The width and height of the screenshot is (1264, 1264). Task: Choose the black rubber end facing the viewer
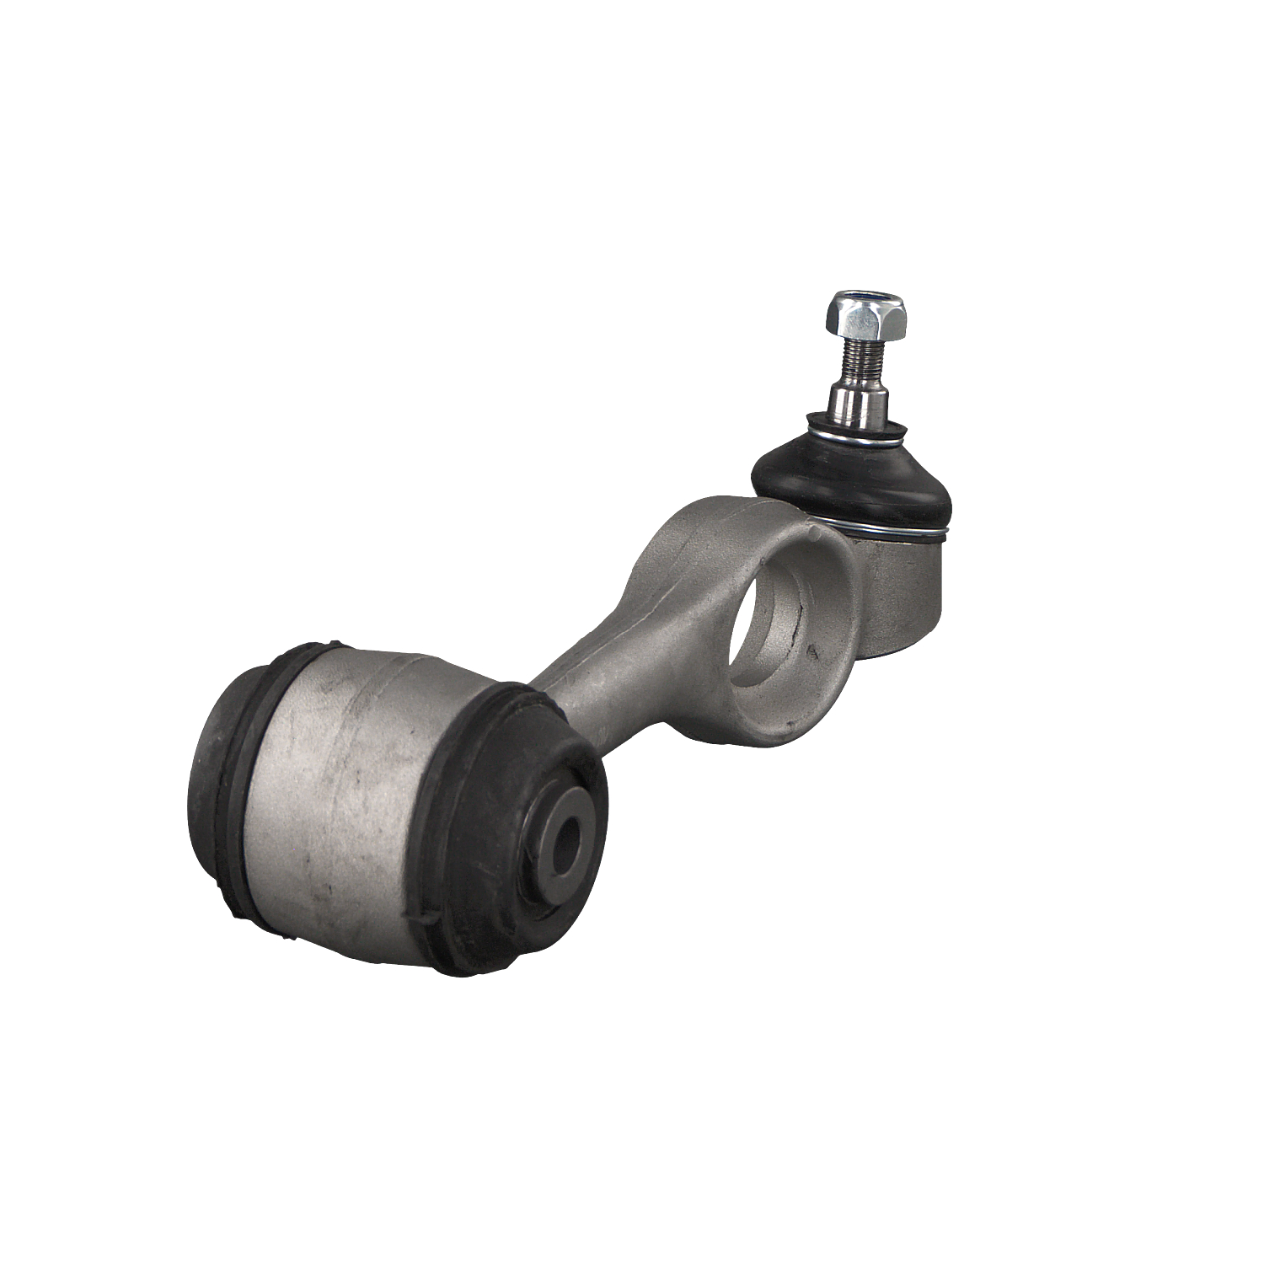coord(522,876)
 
